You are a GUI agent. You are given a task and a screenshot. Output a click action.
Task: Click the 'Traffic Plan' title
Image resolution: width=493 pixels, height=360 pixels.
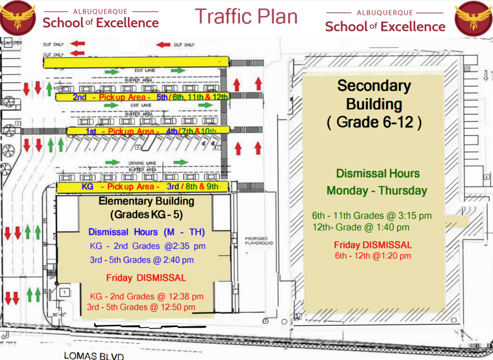pos(246,16)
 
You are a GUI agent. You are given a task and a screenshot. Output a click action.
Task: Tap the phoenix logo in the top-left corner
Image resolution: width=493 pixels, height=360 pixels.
pos(17,18)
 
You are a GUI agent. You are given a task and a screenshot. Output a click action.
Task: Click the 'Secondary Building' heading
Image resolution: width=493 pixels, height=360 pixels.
pos(374,95)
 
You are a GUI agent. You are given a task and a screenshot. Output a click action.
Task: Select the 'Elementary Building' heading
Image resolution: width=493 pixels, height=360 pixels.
pos(146,201)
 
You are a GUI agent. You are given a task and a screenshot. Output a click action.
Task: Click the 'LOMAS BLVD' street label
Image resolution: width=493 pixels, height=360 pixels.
pos(94,356)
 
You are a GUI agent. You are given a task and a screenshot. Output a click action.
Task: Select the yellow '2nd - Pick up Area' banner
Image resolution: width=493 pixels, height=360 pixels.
pos(142,97)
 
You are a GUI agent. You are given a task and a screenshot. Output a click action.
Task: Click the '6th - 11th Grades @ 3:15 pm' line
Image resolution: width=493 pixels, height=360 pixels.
pos(372,216)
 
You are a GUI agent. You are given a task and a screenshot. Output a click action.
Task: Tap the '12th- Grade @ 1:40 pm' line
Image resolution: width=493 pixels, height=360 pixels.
pos(361,227)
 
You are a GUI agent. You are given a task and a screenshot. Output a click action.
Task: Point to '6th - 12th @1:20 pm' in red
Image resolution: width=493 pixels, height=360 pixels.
pos(373,256)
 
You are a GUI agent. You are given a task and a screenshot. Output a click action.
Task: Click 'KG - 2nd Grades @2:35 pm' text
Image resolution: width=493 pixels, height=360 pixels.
pos(147,246)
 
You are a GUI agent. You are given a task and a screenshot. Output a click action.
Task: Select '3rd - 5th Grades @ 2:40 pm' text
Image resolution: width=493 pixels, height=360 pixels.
pos(142,260)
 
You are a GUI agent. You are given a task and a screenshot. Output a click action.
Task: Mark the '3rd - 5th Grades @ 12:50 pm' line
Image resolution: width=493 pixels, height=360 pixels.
pos(141,307)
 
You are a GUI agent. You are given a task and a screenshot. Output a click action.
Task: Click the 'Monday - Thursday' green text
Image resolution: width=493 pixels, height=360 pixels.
pos(377,190)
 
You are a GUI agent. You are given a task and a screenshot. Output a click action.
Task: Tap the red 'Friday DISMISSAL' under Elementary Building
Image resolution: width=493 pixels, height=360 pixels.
pos(146,278)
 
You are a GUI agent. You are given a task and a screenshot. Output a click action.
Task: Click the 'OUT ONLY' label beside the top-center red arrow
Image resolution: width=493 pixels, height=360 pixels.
pos(184,45)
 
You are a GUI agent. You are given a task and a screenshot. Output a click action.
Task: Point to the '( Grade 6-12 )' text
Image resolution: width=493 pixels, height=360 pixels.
pos(374,122)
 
